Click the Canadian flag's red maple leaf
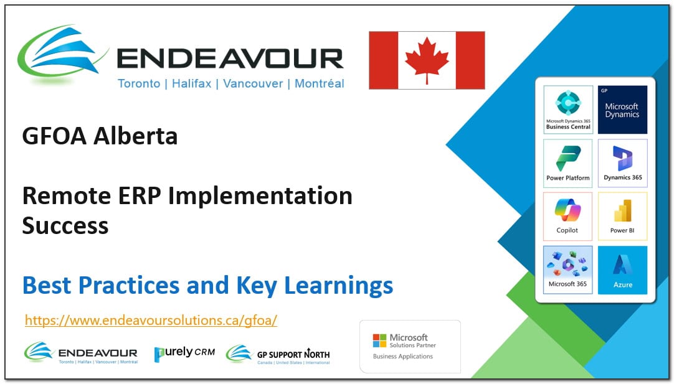427,60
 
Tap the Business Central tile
567,110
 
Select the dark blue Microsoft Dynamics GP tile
622,110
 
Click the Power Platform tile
567,162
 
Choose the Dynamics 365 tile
622,162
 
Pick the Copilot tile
567,215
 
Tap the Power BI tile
622,215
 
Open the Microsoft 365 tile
567,269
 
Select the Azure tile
622,269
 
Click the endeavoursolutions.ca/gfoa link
151,321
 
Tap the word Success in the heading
65,225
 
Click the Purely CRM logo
184,352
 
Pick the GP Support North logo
278,354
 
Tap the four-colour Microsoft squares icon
379,340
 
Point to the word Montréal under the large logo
319,83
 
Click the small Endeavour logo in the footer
81,352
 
